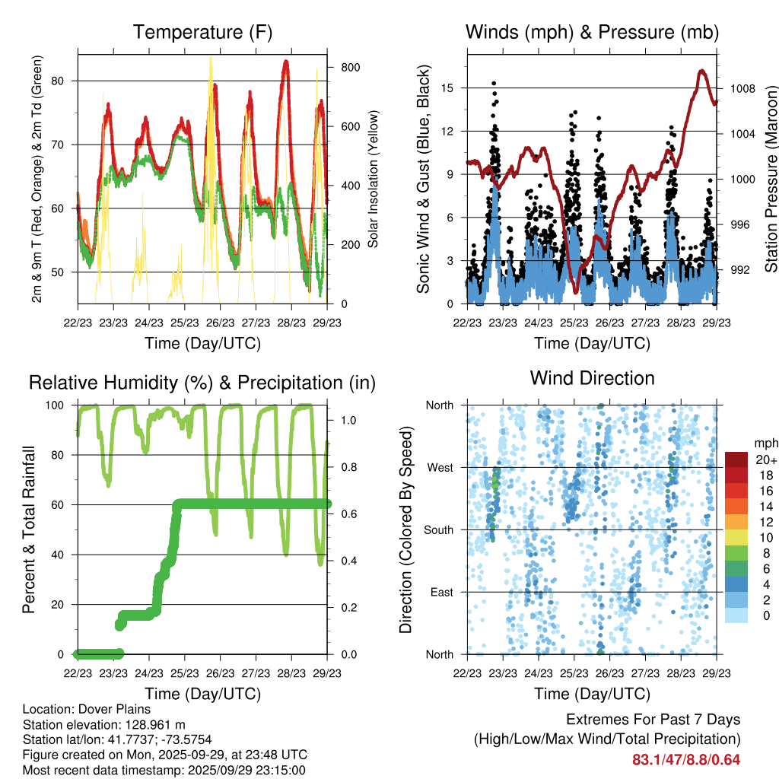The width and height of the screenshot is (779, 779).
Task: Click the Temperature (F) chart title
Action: coord(202,32)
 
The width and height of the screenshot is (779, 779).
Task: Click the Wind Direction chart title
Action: coord(592,378)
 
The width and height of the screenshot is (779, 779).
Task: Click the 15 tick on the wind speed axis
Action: coord(448,88)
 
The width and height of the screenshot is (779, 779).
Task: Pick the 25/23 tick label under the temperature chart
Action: coord(185,323)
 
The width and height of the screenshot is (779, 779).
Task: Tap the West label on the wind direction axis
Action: coord(440,467)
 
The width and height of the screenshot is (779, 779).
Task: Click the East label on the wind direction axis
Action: coord(441,592)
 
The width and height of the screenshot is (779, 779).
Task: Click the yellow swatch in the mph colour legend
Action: coord(737,536)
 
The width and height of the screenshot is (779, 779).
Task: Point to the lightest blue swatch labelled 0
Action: coord(737,615)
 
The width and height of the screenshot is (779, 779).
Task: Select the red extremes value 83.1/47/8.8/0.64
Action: coord(686,759)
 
